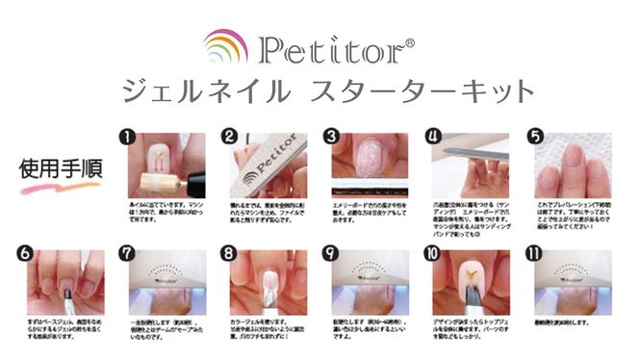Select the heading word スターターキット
tap(423, 91)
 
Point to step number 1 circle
tap(123, 137)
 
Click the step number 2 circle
tap(229, 137)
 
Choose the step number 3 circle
tap(331, 137)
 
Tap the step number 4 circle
tap(433, 137)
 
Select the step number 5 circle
tap(535, 137)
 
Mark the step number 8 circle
tap(229, 256)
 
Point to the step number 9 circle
tap(331, 256)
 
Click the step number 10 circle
tap(433, 256)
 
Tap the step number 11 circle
tap(535, 256)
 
